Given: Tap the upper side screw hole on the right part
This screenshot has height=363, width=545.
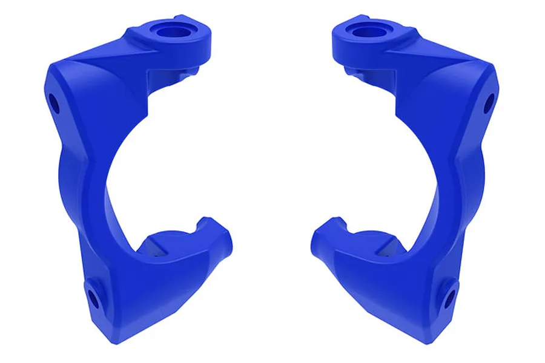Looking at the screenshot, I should pos(489,103).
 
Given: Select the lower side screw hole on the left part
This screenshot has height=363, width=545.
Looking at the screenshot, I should pos(93,297).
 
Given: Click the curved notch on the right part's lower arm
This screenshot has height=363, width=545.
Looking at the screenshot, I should pos(343,227).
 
